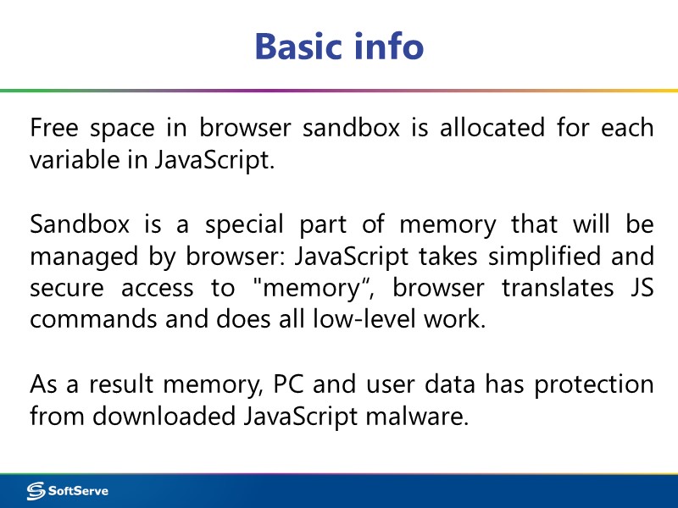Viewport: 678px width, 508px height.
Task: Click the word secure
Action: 64,288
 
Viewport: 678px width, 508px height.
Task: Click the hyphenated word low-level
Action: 379,320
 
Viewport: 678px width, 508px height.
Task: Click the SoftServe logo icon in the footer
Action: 36,490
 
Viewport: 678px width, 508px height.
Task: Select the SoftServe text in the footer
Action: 78,490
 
